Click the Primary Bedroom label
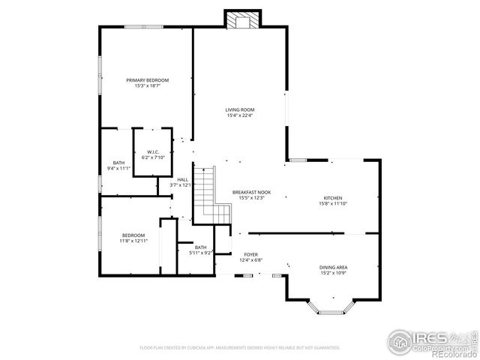tap(148, 80)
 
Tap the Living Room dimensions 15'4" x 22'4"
tap(240, 115)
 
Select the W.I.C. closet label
tap(152, 152)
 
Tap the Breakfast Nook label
tap(251, 192)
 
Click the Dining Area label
tap(333, 267)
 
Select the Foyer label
tap(250, 255)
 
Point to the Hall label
tap(182, 178)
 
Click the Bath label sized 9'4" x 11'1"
tap(118, 163)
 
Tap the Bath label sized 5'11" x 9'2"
tap(200, 247)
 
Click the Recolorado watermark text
tap(454, 354)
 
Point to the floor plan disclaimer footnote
tap(239, 347)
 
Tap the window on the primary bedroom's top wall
tap(144, 27)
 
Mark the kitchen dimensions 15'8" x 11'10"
tap(333, 203)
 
